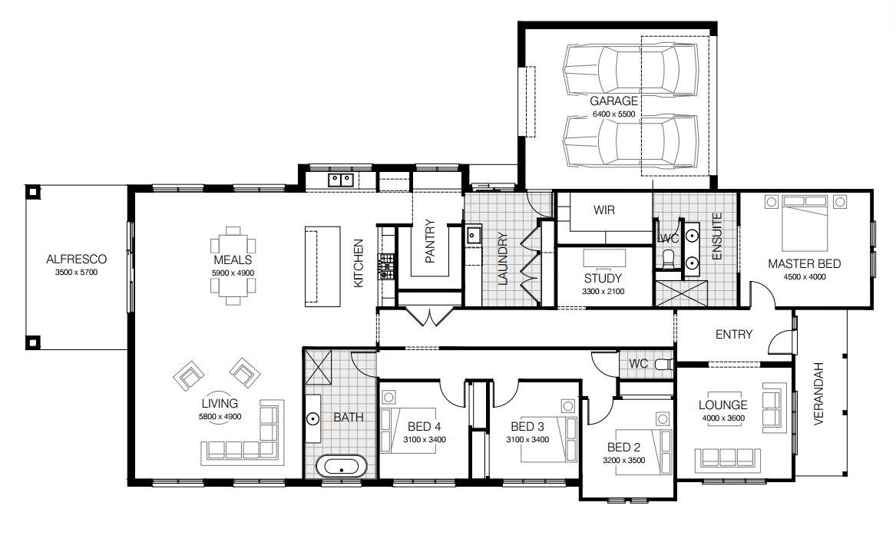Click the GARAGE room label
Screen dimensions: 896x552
pyautogui.click(x=613, y=101)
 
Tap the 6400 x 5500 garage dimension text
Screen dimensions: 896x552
pyautogui.click(x=613, y=114)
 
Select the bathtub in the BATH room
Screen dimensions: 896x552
pyautogui.click(x=341, y=466)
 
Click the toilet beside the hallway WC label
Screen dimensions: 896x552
pyautogui.click(x=664, y=364)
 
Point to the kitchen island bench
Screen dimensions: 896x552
pyautogui.click(x=322, y=266)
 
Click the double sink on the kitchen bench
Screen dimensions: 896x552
pyautogui.click(x=341, y=180)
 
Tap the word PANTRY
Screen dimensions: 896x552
pyautogui.click(x=430, y=240)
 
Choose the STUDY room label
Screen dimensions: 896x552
pyautogui.click(x=603, y=278)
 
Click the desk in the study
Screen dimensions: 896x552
pyautogui.click(x=604, y=258)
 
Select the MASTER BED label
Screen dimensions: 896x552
pyautogui.click(x=804, y=264)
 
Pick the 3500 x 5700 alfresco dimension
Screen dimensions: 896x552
pyautogui.click(x=76, y=273)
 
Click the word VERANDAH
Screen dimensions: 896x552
pyautogui.click(x=818, y=394)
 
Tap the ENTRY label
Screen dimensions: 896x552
pyautogui.click(x=734, y=334)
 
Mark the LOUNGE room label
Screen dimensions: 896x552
pyautogui.click(x=722, y=405)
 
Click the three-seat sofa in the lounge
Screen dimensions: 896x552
pyautogui.click(x=728, y=460)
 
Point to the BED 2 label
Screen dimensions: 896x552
pyautogui.click(x=623, y=448)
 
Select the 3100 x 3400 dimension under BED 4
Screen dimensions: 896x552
pyautogui.click(x=425, y=440)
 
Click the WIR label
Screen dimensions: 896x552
pyautogui.click(x=604, y=210)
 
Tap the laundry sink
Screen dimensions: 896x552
pyautogui.click(x=473, y=235)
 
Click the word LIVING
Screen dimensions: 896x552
pyautogui.click(x=220, y=403)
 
